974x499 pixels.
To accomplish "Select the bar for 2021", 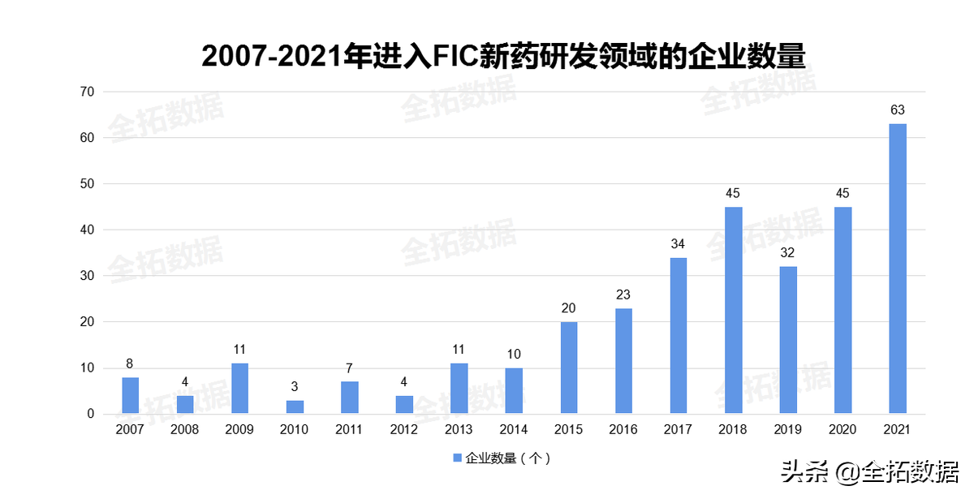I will coord(897,269).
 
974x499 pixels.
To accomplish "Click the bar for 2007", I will coord(130,395).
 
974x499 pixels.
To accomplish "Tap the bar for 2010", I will coord(295,407).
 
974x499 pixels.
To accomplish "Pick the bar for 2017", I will coord(678,336).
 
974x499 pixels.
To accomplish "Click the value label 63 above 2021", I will coord(897,110).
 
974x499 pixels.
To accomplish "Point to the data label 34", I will coord(678,243).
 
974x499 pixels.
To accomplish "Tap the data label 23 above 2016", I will coord(623,295).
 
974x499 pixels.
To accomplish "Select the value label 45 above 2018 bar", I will coord(733,193).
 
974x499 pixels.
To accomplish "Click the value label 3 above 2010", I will coord(295,386).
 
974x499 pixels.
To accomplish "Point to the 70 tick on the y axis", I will coord(87,92).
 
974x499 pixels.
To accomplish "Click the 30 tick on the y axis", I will coord(87,276).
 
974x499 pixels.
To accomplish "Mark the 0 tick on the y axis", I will coord(90,414).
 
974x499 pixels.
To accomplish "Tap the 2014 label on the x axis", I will coord(513,430).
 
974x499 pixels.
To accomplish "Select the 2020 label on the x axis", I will coord(842,430).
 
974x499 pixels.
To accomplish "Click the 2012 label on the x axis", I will coord(403,430).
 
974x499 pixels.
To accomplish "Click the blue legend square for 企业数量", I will coord(456,458).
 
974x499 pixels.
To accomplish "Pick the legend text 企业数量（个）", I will coord(508,458).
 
